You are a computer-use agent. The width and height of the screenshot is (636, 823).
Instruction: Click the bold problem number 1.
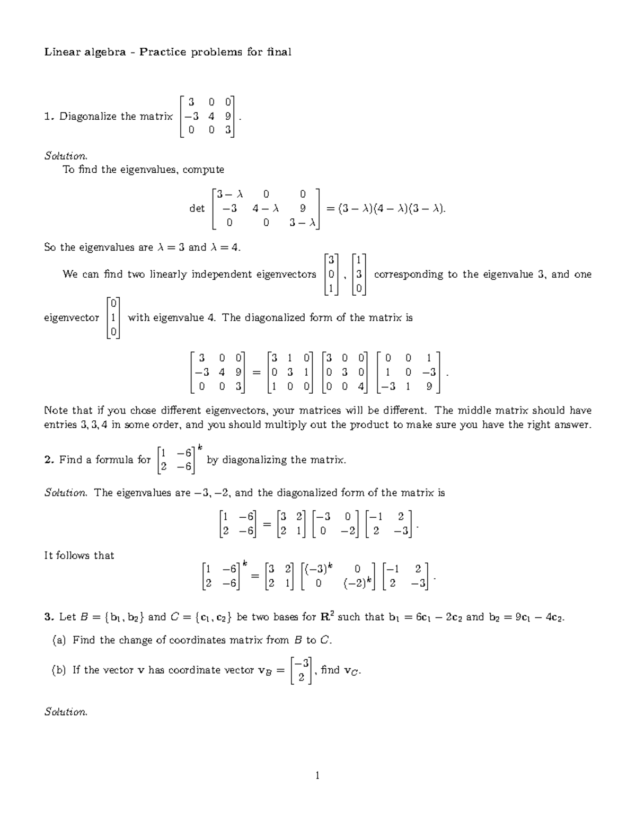[48, 117]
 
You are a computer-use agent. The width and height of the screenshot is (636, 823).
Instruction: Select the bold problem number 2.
[48, 460]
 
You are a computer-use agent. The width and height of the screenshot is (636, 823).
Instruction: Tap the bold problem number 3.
[48, 617]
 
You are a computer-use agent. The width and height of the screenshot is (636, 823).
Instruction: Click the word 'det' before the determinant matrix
[197, 209]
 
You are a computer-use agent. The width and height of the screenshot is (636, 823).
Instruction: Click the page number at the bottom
[317, 776]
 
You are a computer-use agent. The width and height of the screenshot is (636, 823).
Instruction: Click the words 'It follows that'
[79, 555]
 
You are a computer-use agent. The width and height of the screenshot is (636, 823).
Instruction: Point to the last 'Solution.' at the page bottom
[65, 712]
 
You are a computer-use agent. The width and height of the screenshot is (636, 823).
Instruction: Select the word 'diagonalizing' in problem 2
[254, 460]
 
